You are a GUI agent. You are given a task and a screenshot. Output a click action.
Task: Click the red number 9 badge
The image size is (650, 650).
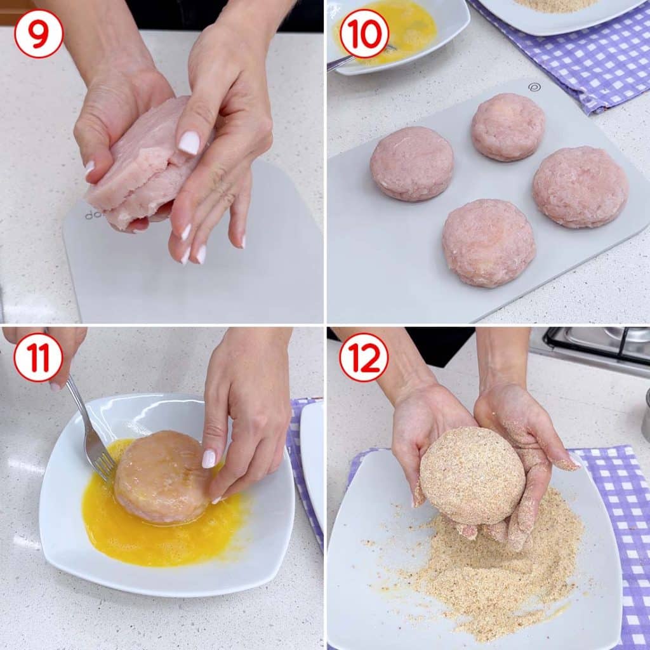pos(39,34)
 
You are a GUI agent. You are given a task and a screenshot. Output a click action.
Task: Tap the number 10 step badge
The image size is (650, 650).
pos(364,34)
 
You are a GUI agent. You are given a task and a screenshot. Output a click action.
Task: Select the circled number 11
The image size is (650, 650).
pos(38,357)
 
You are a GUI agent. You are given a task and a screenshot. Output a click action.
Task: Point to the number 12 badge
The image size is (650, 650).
pos(364,357)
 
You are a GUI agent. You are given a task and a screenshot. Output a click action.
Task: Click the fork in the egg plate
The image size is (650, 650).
pos(91,431)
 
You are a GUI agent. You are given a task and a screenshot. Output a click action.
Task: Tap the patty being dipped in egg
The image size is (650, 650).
pos(162,477)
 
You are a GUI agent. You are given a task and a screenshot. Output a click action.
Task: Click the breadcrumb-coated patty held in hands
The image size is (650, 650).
pos(472,475)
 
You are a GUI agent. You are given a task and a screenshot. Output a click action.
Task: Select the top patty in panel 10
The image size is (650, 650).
pos(508,126)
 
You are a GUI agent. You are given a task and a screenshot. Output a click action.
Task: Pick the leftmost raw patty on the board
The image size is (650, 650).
pos(411,163)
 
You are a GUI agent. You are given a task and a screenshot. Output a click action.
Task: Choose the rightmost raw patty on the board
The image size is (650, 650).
pos(580,187)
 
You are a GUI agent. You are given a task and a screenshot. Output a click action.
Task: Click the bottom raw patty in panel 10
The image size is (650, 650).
pos(489,243)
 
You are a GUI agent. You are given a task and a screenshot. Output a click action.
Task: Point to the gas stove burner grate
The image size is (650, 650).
pos(597,345)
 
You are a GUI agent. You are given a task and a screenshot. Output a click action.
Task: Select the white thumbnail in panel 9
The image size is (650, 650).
pos(189,143)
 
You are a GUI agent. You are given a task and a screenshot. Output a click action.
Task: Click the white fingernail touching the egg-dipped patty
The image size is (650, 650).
pos(209,459)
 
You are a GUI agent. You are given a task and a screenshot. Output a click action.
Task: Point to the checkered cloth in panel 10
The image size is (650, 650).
pos(580,58)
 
